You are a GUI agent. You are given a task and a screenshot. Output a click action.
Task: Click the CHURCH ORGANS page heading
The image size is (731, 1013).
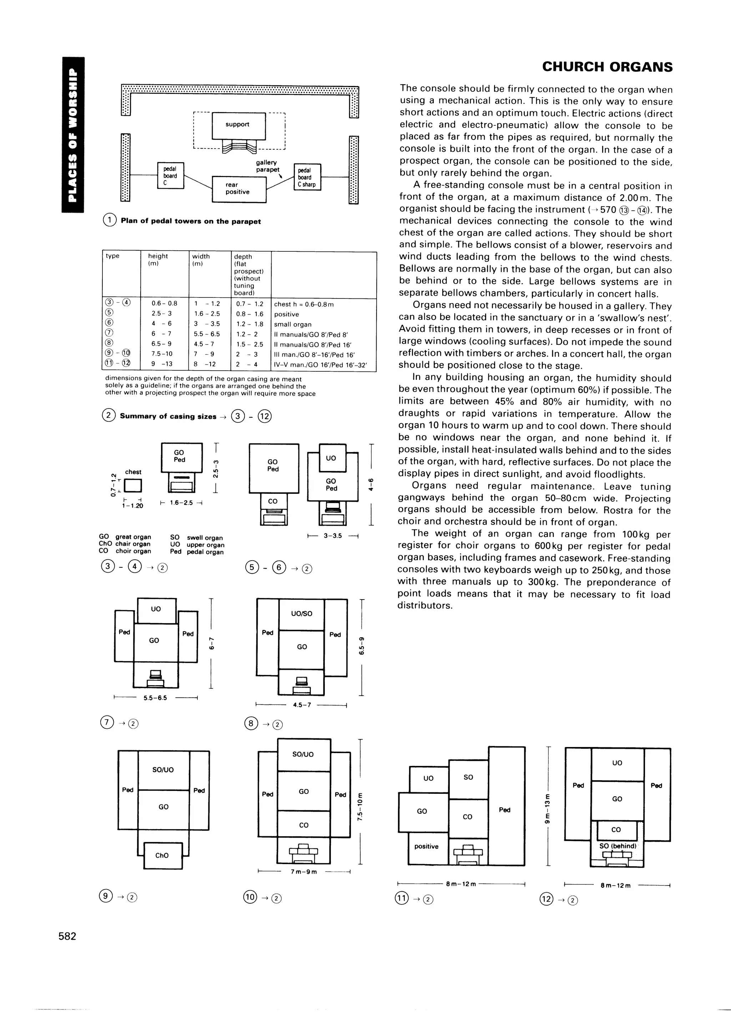(x=607, y=67)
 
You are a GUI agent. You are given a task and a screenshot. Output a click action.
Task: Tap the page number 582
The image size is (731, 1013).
(x=67, y=936)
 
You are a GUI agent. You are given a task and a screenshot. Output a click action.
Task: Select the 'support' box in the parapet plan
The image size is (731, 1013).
(x=238, y=125)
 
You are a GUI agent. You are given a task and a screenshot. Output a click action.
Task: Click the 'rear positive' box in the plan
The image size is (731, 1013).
(x=239, y=189)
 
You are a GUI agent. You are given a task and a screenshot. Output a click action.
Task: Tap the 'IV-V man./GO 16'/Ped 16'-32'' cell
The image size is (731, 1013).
(x=320, y=365)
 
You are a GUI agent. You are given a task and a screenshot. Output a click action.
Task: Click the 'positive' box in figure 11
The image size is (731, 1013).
(x=427, y=847)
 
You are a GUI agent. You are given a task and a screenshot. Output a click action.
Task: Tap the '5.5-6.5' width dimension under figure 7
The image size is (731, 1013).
(x=155, y=698)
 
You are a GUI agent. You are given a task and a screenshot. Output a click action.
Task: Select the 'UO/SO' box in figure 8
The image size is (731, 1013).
(x=302, y=614)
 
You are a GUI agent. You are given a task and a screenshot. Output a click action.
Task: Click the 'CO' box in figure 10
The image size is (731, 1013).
(x=304, y=824)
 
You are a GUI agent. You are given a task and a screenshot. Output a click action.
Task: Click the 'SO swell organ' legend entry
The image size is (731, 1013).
(x=197, y=538)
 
